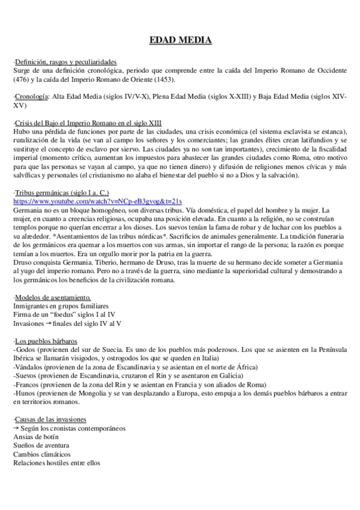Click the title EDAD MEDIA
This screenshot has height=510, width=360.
click(x=180, y=41)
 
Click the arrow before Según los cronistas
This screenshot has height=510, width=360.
click(x=17, y=427)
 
